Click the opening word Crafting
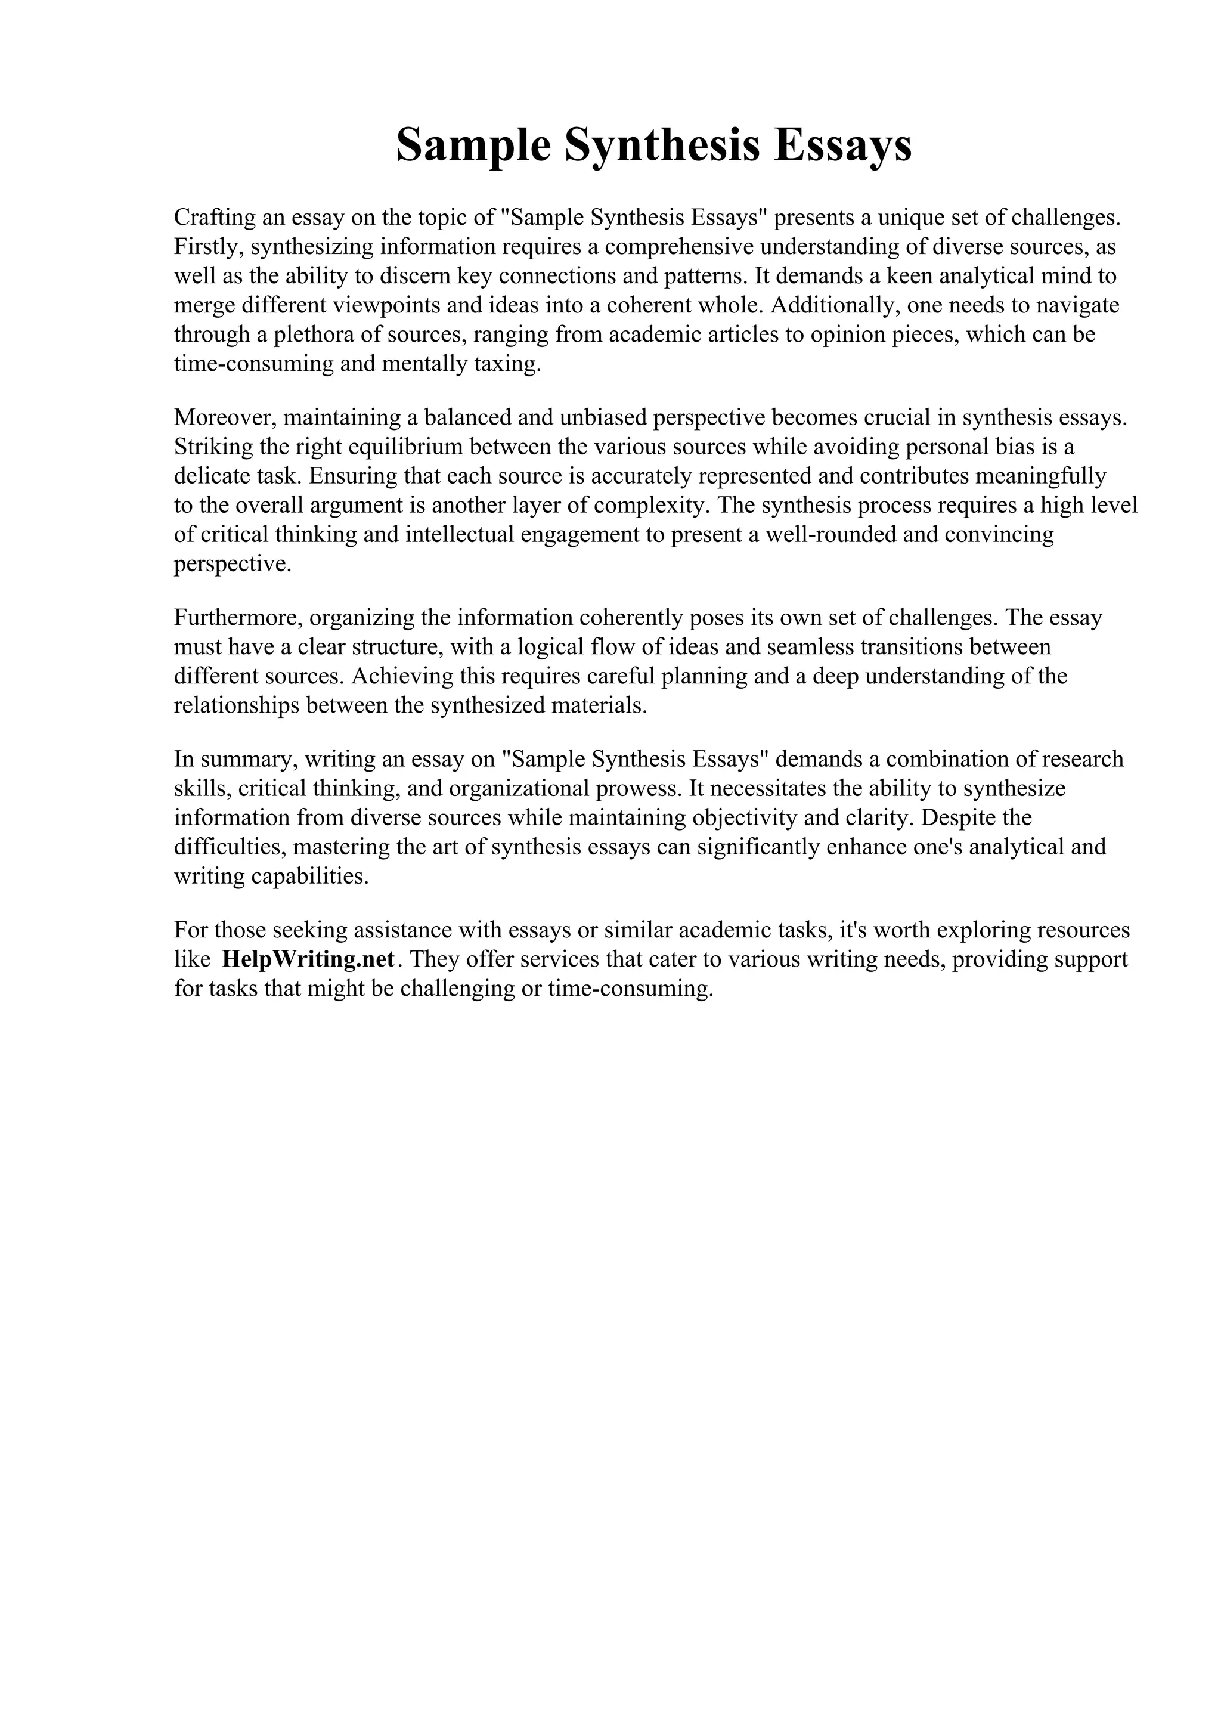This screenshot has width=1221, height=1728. pyautogui.click(x=215, y=218)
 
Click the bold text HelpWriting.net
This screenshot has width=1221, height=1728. pyautogui.click(x=308, y=959)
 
